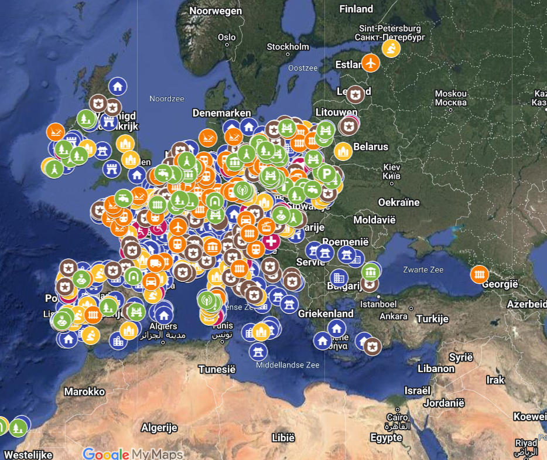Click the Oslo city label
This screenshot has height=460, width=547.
[227, 38]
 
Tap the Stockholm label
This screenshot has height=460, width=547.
[288, 47]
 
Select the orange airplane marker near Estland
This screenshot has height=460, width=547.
[371, 62]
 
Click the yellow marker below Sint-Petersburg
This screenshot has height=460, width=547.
[391, 48]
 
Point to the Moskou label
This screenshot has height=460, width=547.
[450, 94]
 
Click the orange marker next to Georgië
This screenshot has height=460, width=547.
[480, 274]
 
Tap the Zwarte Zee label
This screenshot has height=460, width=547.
[423, 270]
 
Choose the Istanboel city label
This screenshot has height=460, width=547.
[378, 305]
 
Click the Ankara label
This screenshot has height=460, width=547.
[394, 316]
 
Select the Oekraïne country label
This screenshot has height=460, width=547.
[398, 202]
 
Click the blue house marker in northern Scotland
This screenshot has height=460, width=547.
[118, 87]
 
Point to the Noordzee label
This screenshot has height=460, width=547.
[166, 99]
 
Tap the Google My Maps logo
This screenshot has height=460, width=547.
[133, 454]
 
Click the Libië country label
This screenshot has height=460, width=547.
[283, 438]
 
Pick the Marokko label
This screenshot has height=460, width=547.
[84, 391]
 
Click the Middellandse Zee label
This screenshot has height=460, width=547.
[288, 365]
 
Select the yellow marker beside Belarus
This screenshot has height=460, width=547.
[343, 152]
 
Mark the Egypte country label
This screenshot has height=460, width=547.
[386, 438]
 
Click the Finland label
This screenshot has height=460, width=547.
[356, 9]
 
